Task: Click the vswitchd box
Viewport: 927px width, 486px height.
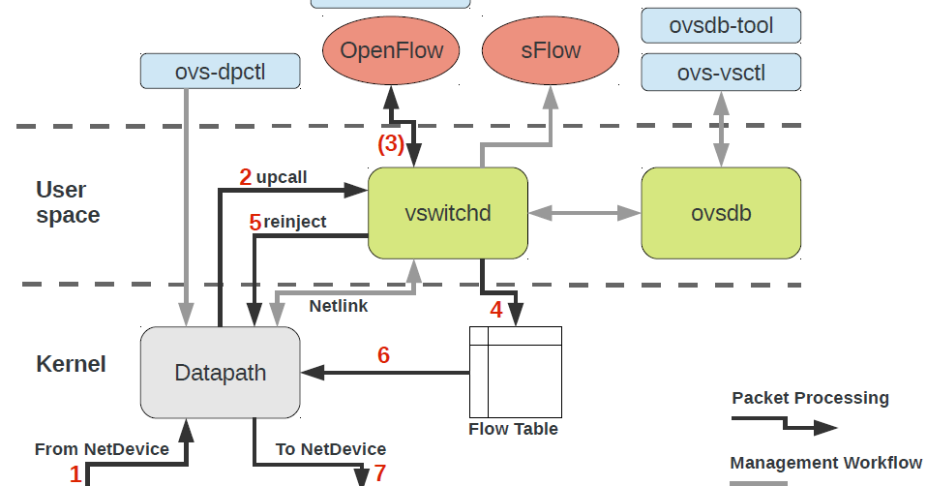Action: [447, 213]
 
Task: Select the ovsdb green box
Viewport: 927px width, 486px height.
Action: [721, 213]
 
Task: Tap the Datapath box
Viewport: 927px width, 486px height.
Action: [221, 373]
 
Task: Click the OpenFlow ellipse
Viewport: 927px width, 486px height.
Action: [392, 51]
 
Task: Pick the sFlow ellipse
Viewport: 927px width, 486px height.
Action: [550, 51]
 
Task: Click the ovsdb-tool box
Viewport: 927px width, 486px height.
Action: [721, 25]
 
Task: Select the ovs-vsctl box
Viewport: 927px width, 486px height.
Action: [721, 72]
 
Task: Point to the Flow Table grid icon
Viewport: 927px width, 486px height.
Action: [515, 372]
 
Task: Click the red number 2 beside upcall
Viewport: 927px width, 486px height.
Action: [246, 177]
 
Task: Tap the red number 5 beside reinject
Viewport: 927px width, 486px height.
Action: [255, 223]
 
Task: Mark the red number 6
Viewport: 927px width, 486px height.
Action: [383, 355]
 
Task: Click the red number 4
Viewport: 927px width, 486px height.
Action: [495, 311]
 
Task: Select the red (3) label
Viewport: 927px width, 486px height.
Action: [390, 144]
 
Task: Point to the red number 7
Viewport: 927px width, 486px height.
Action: [380, 473]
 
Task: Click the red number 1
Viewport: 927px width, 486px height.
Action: [75, 473]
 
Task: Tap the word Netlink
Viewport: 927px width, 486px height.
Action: [339, 306]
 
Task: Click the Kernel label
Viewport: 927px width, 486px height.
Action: [71, 365]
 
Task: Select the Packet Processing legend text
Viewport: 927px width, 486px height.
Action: [810, 398]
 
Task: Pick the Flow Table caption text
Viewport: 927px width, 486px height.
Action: [513, 429]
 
